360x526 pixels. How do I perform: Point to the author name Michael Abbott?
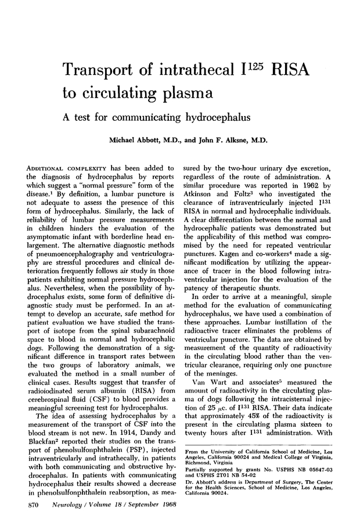tap(136, 140)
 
